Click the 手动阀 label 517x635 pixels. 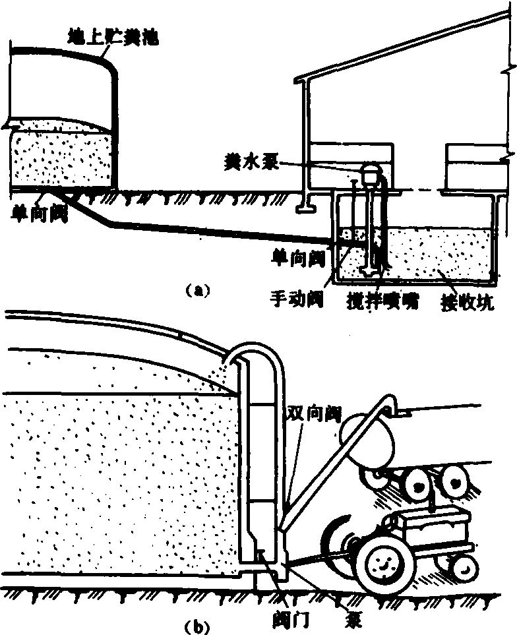click(296, 299)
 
